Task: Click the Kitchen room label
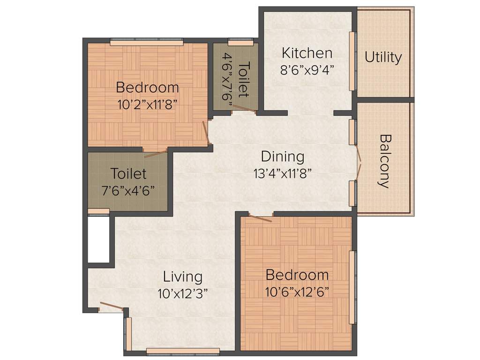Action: pyautogui.click(x=307, y=52)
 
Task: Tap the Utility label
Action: pyautogui.click(x=383, y=57)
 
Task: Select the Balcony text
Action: pyautogui.click(x=384, y=161)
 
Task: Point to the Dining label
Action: pyautogui.click(x=282, y=156)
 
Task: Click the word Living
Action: pyautogui.click(x=182, y=277)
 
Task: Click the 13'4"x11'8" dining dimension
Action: pyautogui.click(x=282, y=173)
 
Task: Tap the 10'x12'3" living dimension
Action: pyautogui.click(x=182, y=293)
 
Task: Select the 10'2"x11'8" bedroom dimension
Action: pyautogui.click(x=147, y=104)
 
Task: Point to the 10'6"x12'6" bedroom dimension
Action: pyautogui.click(x=297, y=292)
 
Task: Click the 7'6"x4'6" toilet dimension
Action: pyautogui.click(x=128, y=190)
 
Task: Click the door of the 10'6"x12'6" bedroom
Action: pyautogui.click(x=260, y=217)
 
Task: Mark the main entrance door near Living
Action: pyautogui.click(x=112, y=307)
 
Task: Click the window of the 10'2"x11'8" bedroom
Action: pyautogui.click(x=146, y=43)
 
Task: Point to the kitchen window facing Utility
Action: pyautogui.click(x=352, y=61)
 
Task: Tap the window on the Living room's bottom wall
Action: pyautogui.click(x=183, y=350)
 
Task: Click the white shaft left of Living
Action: pyautogui.click(x=98, y=239)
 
